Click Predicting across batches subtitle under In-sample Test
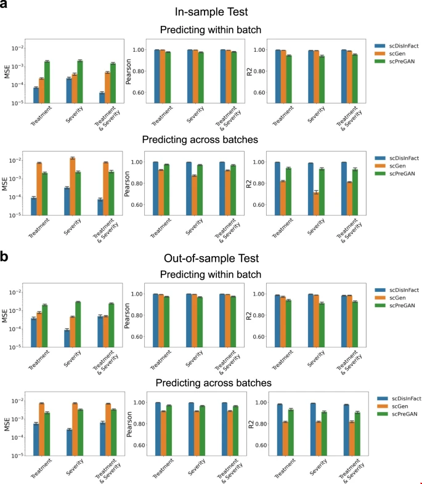tap(211, 140)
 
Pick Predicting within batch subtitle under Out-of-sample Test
tap(211, 274)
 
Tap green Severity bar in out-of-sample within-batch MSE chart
tap(78, 324)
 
